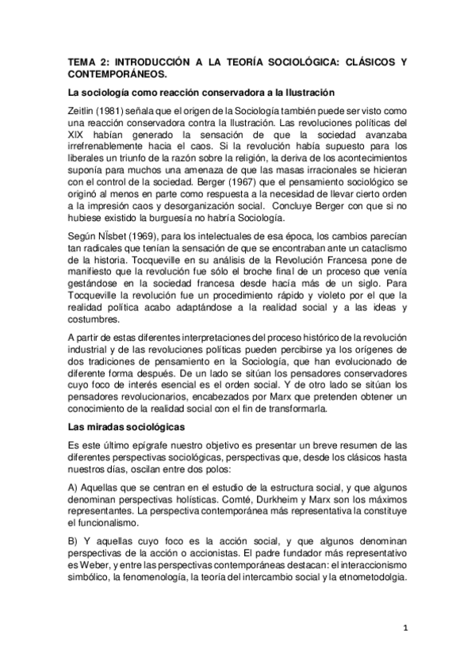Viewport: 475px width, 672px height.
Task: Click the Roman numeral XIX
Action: point(78,139)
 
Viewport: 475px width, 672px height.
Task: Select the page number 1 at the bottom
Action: point(404,628)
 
